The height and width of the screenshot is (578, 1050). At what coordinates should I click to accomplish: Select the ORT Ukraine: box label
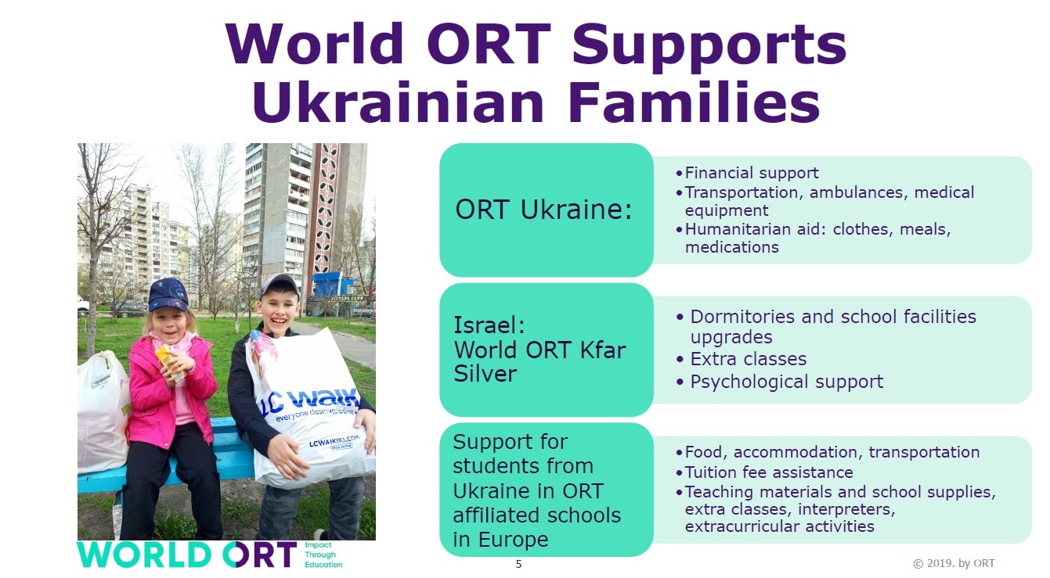pyautogui.click(x=543, y=210)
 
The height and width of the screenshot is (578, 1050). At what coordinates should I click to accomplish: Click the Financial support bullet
pyautogui.click(x=751, y=173)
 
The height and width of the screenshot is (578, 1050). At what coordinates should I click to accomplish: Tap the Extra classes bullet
pyautogui.click(x=748, y=359)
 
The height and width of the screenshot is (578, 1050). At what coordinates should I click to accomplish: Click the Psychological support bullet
pyautogui.click(x=786, y=382)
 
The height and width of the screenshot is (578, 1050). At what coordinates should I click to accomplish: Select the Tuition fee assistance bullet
pyautogui.click(x=768, y=472)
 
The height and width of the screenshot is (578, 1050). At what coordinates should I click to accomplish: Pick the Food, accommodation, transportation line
pyautogui.click(x=832, y=452)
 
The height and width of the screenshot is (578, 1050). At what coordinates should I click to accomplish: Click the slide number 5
pyautogui.click(x=518, y=564)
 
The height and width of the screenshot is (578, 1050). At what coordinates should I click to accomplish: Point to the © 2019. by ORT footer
pyautogui.click(x=954, y=563)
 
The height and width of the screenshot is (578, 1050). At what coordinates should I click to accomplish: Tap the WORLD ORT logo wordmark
pyautogui.click(x=186, y=555)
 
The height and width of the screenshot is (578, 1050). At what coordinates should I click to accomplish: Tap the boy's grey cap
pyautogui.click(x=280, y=284)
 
